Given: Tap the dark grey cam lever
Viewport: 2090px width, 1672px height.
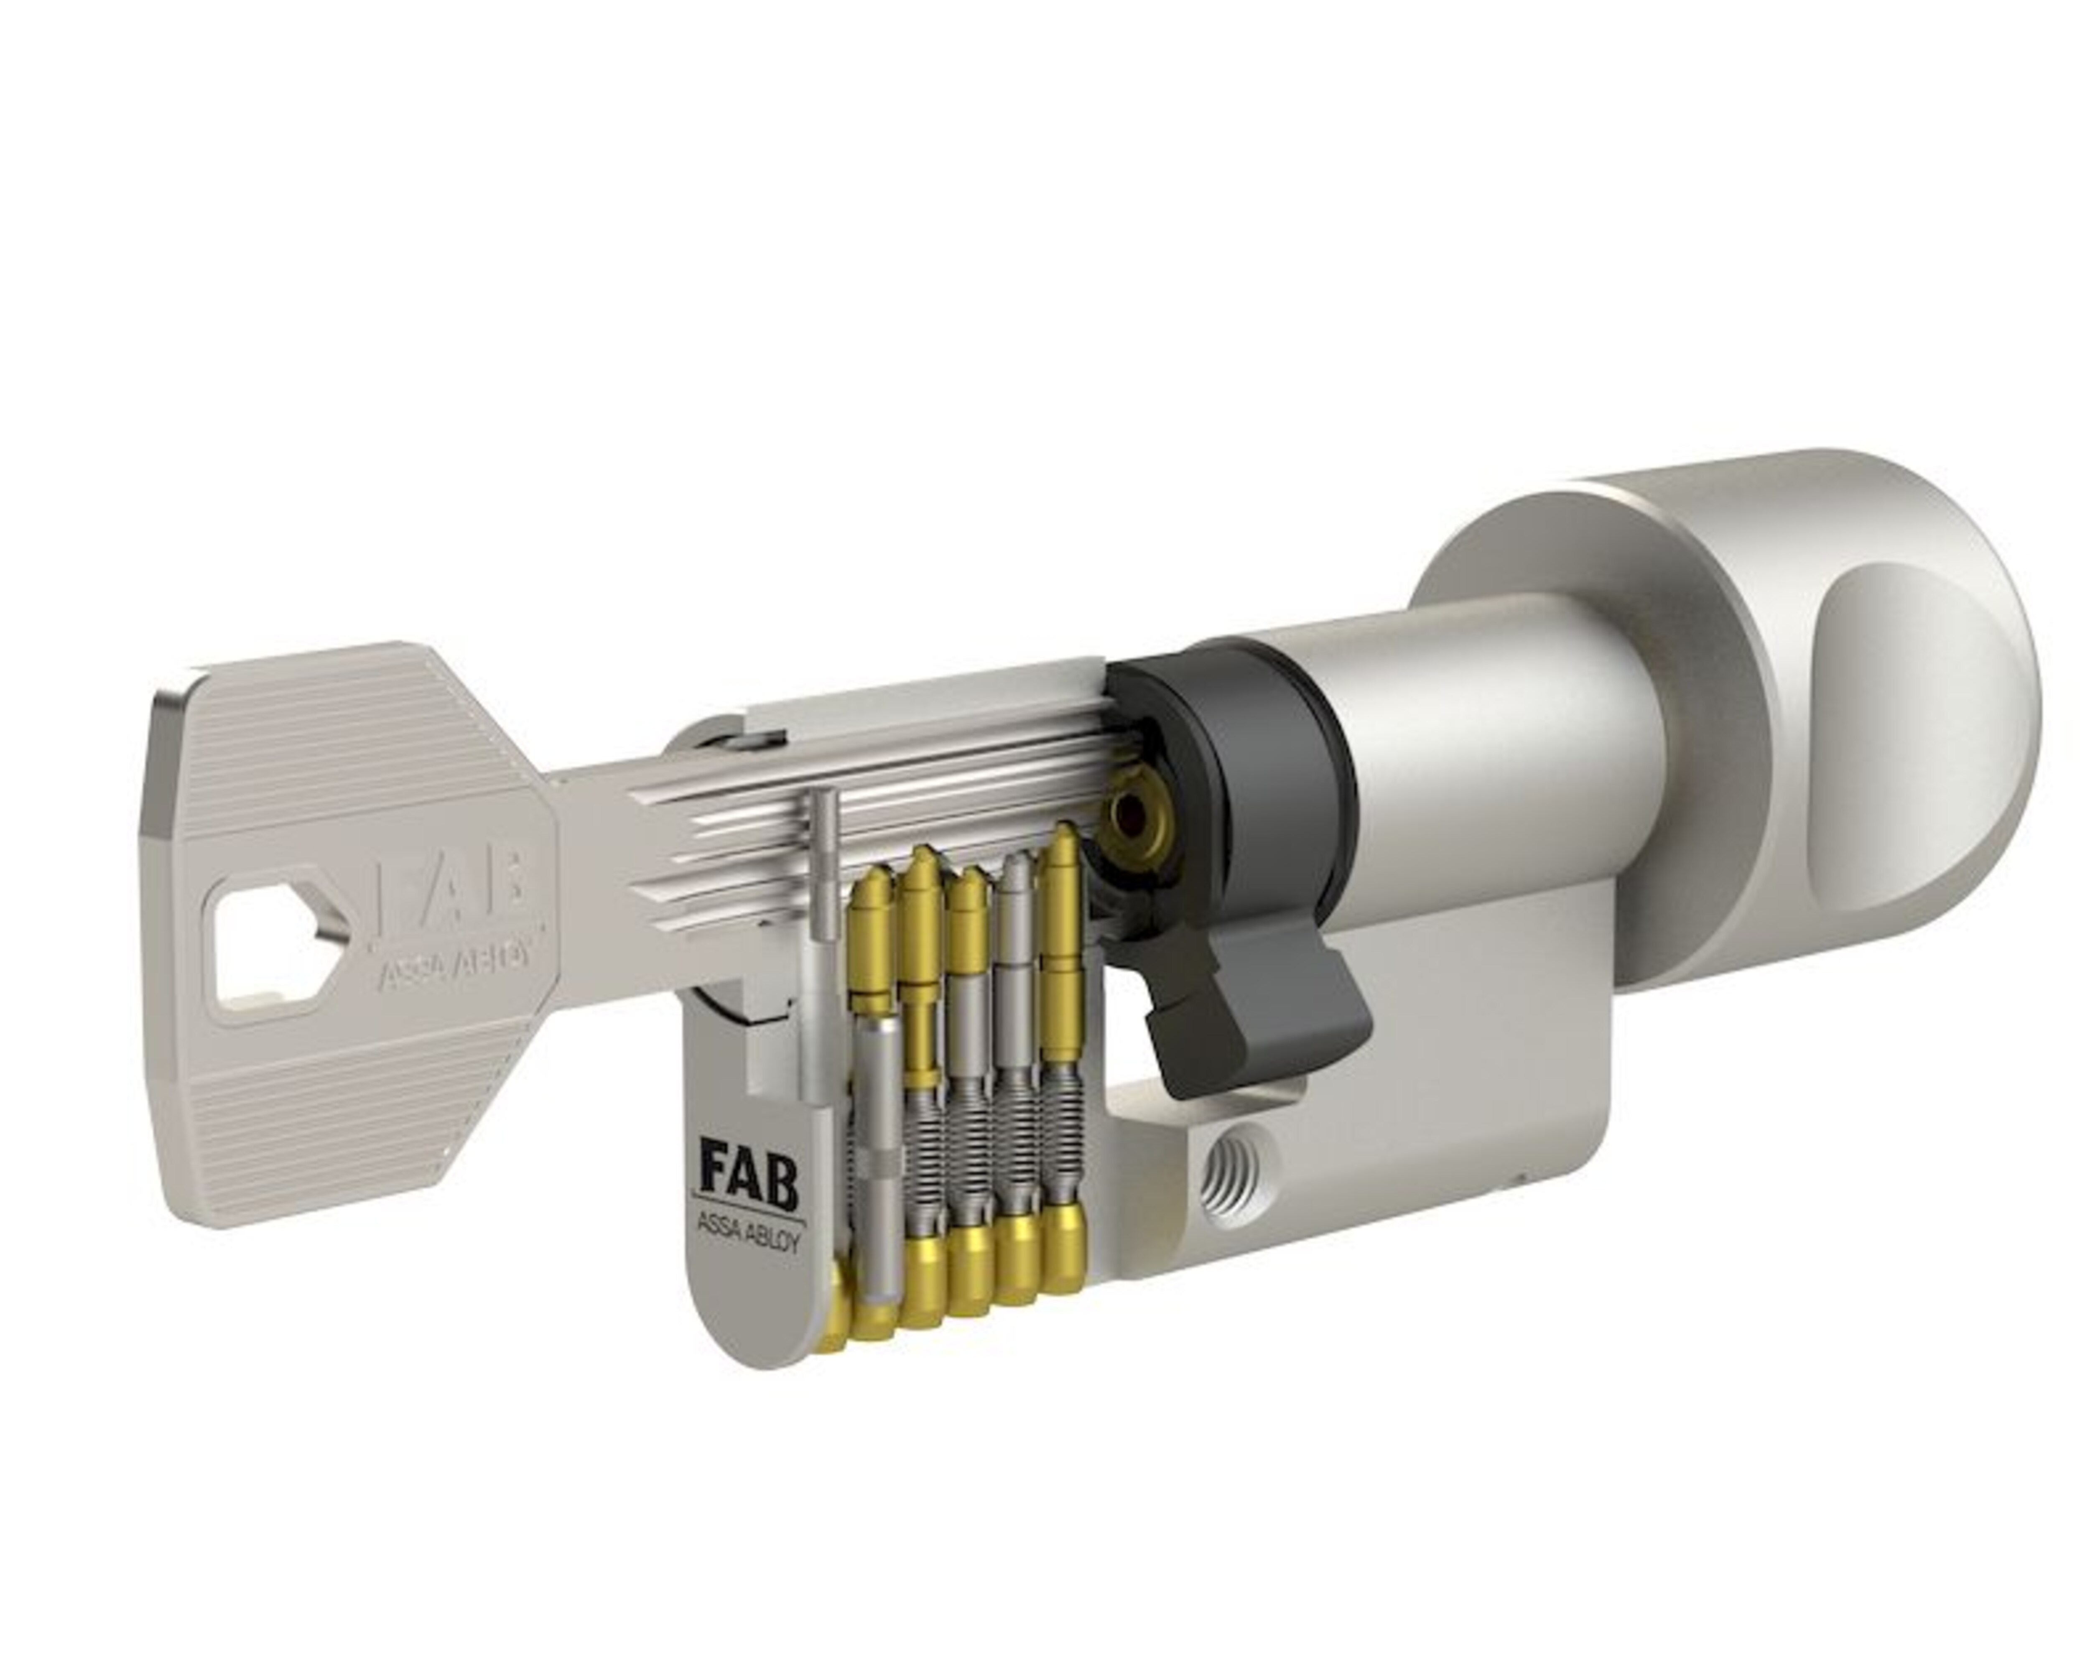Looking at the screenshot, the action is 1251,1008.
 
